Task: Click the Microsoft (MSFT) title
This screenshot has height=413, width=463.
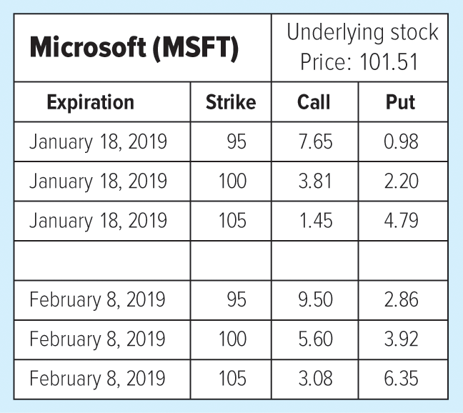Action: (x=134, y=49)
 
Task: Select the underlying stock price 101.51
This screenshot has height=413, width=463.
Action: (x=359, y=62)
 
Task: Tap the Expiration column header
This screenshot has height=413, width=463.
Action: (x=90, y=102)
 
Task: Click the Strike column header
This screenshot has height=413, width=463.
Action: (x=230, y=102)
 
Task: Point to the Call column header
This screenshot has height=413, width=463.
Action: (x=314, y=102)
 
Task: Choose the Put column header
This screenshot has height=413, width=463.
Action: (x=400, y=102)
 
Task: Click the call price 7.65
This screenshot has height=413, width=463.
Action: (x=315, y=141)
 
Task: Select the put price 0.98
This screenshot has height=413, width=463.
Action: (x=401, y=141)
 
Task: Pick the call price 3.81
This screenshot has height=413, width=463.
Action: (x=315, y=181)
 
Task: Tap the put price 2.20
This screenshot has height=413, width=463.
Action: (x=401, y=181)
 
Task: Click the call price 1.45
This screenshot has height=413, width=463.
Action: (x=315, y=220)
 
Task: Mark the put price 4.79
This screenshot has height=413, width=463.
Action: (x=401, y=220)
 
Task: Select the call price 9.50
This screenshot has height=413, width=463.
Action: (x=315, y=299)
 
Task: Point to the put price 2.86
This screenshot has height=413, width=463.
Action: (x=401, y=299)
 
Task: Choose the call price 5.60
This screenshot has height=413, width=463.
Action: (x=315, y=338)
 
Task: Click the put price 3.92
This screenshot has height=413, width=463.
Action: (x=401, y=338)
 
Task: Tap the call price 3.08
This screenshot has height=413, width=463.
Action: (x=315, y=377)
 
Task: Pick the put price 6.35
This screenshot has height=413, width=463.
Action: (x=401, y=377)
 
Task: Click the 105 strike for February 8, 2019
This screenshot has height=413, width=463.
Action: (x=232, y=377)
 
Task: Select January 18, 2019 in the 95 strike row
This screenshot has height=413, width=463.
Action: (x=98, y=141)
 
